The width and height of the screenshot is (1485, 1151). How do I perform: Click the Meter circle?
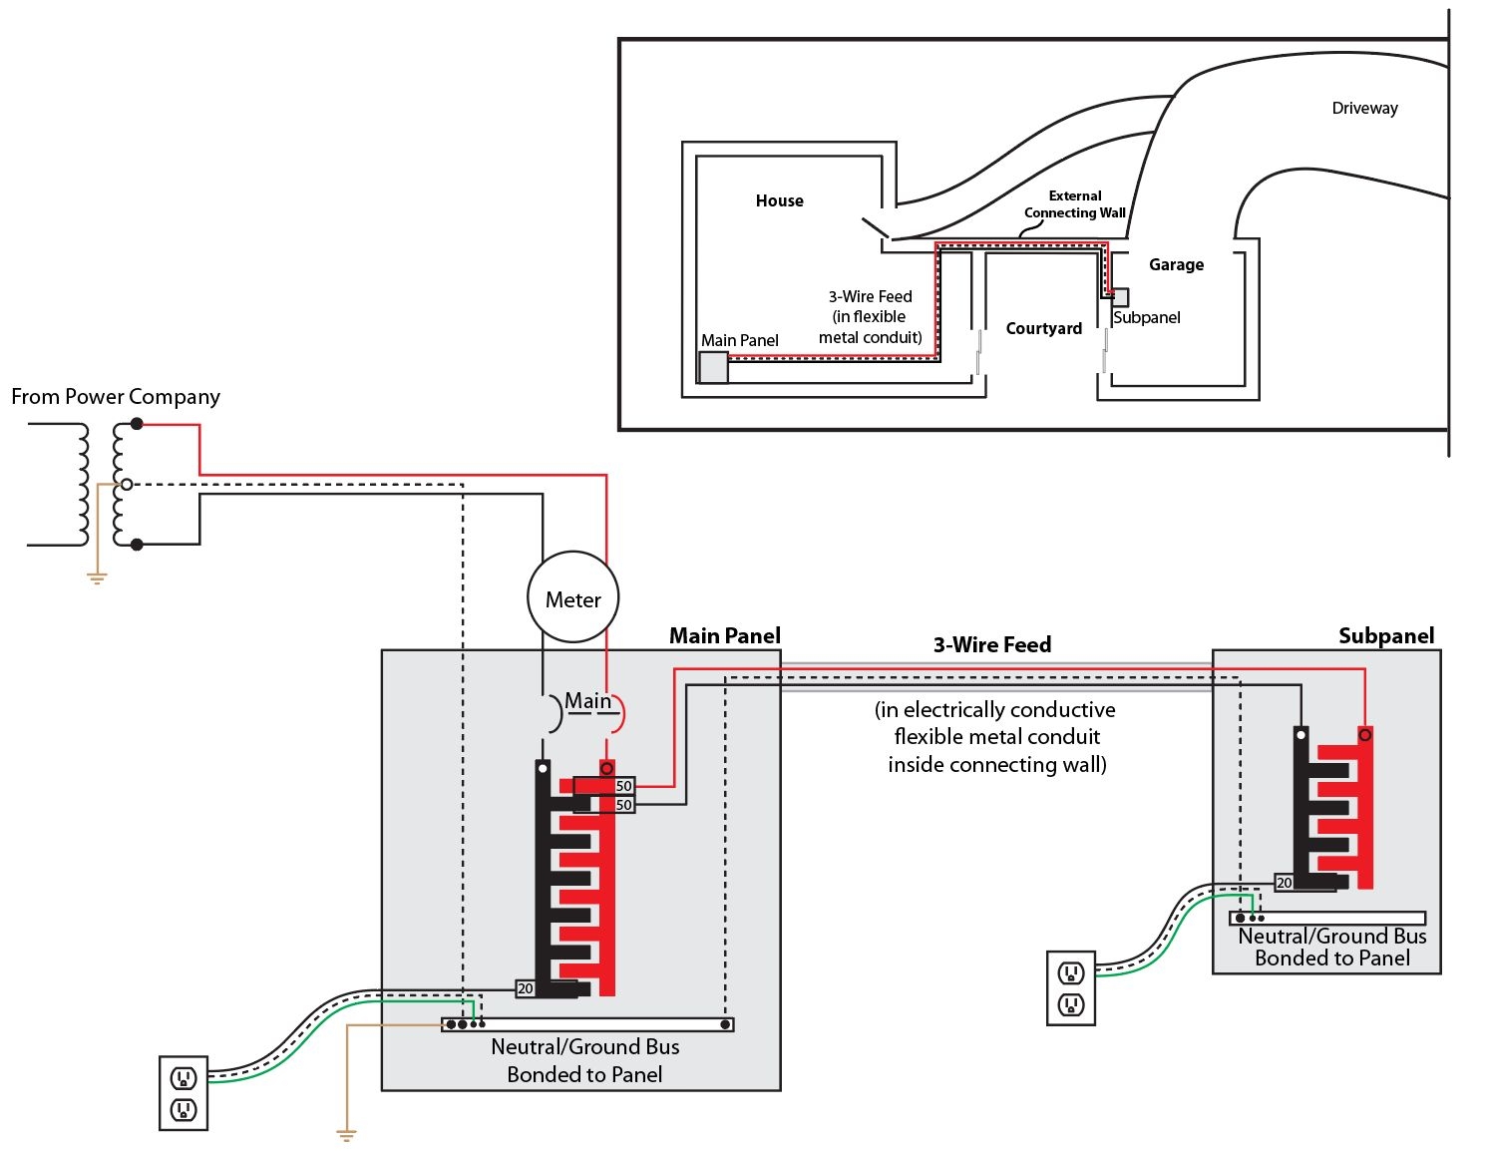[x=572, y=598]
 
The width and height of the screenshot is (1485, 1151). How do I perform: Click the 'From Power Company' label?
[x=116, y=397]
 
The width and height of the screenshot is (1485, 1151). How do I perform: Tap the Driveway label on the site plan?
[x=1364, y=108]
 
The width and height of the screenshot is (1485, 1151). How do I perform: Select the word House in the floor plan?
[x=779, y=200]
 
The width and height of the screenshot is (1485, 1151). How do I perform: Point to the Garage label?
[x=1176, y=264]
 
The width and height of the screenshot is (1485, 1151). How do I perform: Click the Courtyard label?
[x=1043, y=328]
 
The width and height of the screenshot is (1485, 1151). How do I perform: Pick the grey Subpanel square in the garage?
[x=1120, y=297]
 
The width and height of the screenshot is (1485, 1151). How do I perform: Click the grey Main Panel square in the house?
[x=713, y=367]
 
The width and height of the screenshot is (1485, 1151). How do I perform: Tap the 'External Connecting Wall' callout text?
[x=1074, y=204]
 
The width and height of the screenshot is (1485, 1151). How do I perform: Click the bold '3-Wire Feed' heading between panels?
[x=991, y=645]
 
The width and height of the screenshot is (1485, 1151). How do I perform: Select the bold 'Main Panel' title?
[x=724, y=636]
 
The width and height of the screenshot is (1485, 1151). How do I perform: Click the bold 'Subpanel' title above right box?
[x=1385, y=636]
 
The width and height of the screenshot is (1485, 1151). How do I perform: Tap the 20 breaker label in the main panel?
[x=525, y=988]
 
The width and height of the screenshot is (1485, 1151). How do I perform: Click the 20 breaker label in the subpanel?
[x=1284, y=883]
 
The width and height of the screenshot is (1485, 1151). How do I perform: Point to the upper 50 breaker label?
[x=623, y=786]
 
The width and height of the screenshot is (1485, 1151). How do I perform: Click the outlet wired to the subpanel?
[x=1070, y=988]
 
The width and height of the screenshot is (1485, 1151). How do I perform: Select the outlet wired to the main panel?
[x=184, y=1093]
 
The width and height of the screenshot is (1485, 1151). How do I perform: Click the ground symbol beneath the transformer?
[x=97, y=576]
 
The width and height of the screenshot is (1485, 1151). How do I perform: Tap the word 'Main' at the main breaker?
[x=587, y=701]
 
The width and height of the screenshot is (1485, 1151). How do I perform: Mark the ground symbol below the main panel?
[x=346, y=1134]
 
